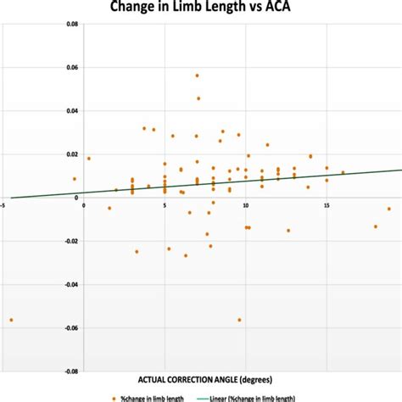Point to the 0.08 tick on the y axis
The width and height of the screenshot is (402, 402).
73,25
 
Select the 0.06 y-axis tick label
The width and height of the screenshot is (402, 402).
73,68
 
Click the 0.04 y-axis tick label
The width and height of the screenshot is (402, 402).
73,111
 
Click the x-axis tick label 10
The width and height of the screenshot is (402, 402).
246,204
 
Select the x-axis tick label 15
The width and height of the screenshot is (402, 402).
327,204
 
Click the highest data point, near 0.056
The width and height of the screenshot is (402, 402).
197,75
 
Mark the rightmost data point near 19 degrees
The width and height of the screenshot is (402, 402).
389,209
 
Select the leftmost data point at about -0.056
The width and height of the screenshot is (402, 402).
11,320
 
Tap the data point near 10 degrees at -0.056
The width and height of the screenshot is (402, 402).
239,320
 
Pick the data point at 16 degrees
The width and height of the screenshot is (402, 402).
343,173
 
